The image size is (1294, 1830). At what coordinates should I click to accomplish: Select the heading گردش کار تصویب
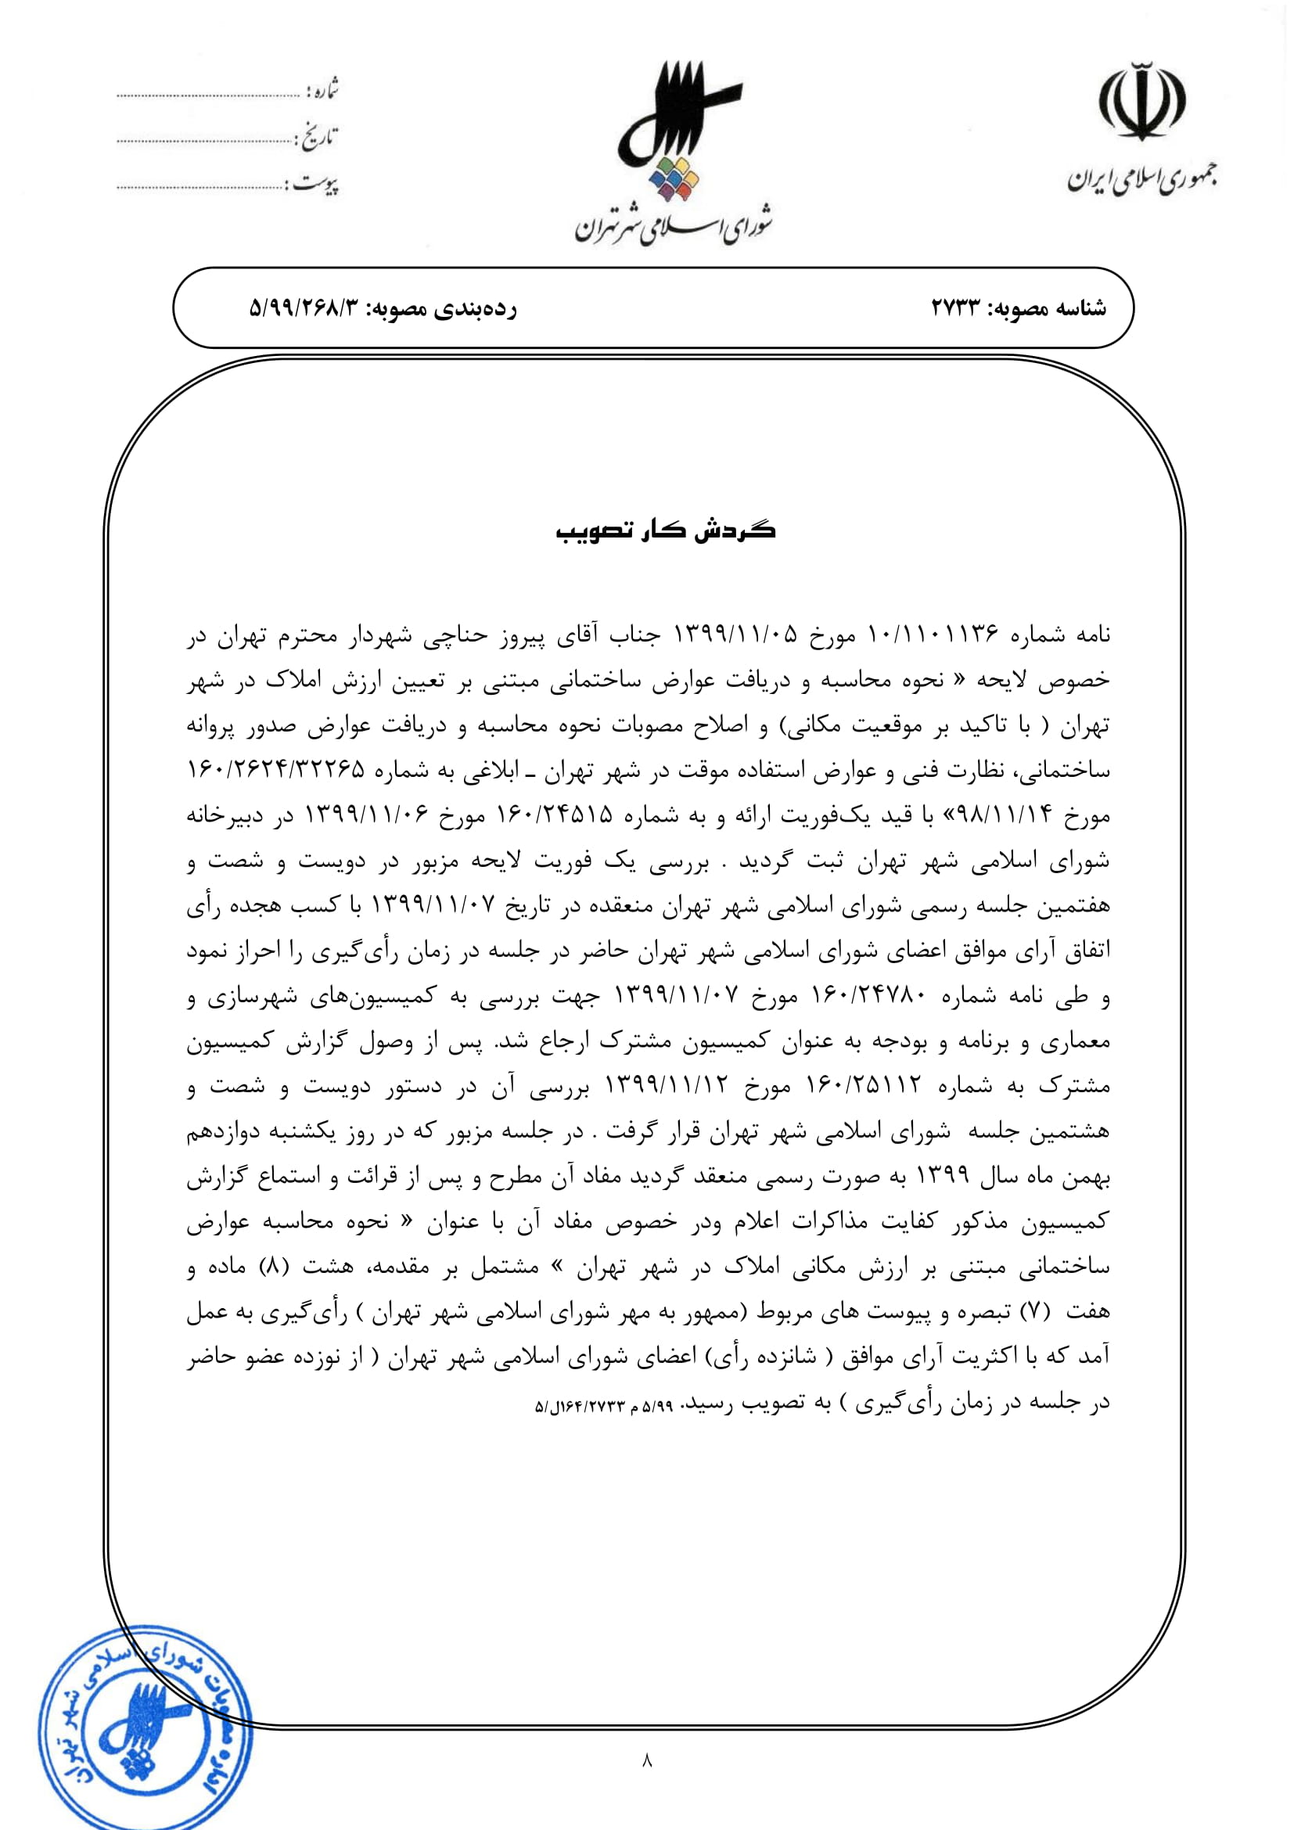665,530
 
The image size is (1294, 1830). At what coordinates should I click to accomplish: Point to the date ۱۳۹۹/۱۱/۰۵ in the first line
735,635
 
